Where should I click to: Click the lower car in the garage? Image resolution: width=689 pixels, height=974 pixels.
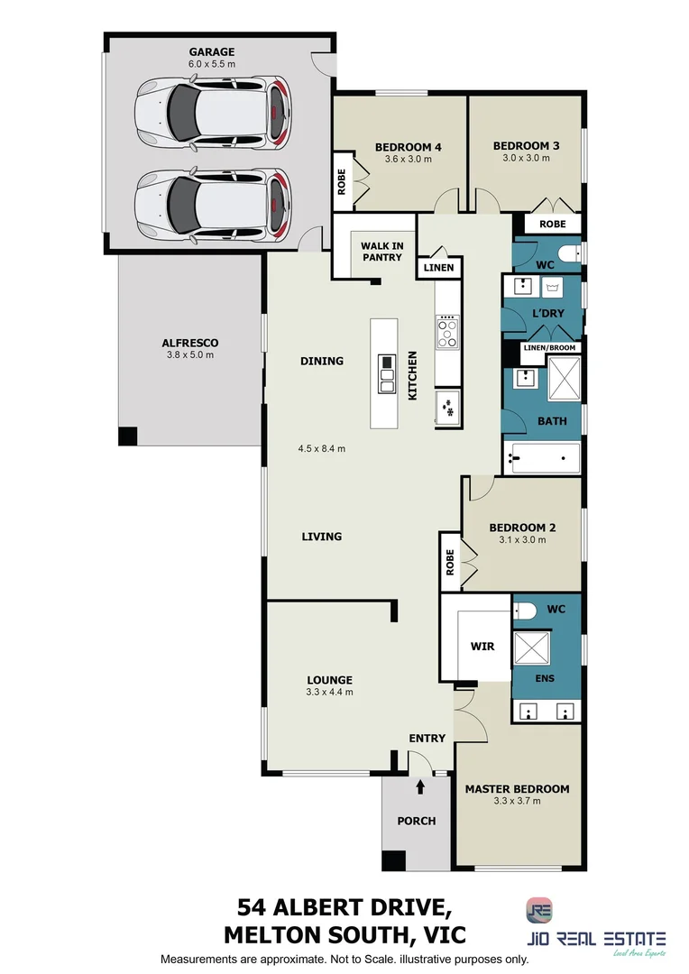(213, 204)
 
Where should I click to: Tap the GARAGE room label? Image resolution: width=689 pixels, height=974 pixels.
(212, 52)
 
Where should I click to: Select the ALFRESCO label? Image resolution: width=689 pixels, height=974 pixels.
(190, 343)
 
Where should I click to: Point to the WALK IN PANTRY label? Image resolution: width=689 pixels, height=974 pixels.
(381, 252)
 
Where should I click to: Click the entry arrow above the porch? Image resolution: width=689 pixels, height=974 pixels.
(420, 787)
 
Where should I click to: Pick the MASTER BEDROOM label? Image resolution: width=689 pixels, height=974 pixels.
(517, 789)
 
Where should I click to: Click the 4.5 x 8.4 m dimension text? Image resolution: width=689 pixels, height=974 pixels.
(322, 448)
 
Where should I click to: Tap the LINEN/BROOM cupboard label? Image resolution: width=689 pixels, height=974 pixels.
(549, 348)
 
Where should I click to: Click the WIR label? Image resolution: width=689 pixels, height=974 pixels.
(482, 647)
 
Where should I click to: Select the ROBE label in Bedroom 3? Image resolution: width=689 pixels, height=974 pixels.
(553, 224)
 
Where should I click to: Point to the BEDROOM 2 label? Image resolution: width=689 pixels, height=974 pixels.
(522, 528)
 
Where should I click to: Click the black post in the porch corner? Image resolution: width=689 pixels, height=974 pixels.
(393, 860)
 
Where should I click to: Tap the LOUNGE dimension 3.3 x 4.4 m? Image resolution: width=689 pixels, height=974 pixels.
(328, 693)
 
